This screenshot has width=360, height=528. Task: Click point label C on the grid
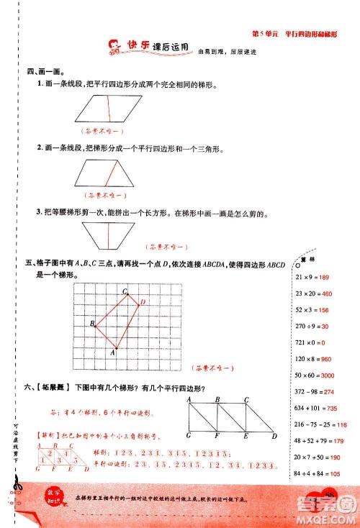coord(124,291)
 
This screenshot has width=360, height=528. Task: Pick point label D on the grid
coord(143,301)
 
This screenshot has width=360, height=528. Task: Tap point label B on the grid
coord(92,324)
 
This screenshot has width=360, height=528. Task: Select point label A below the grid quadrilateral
coord(113,353)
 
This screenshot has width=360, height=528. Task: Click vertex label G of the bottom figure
coord(188,436)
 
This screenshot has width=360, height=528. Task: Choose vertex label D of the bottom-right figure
coord(275,436)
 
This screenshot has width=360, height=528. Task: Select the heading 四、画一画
coord(44,71)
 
